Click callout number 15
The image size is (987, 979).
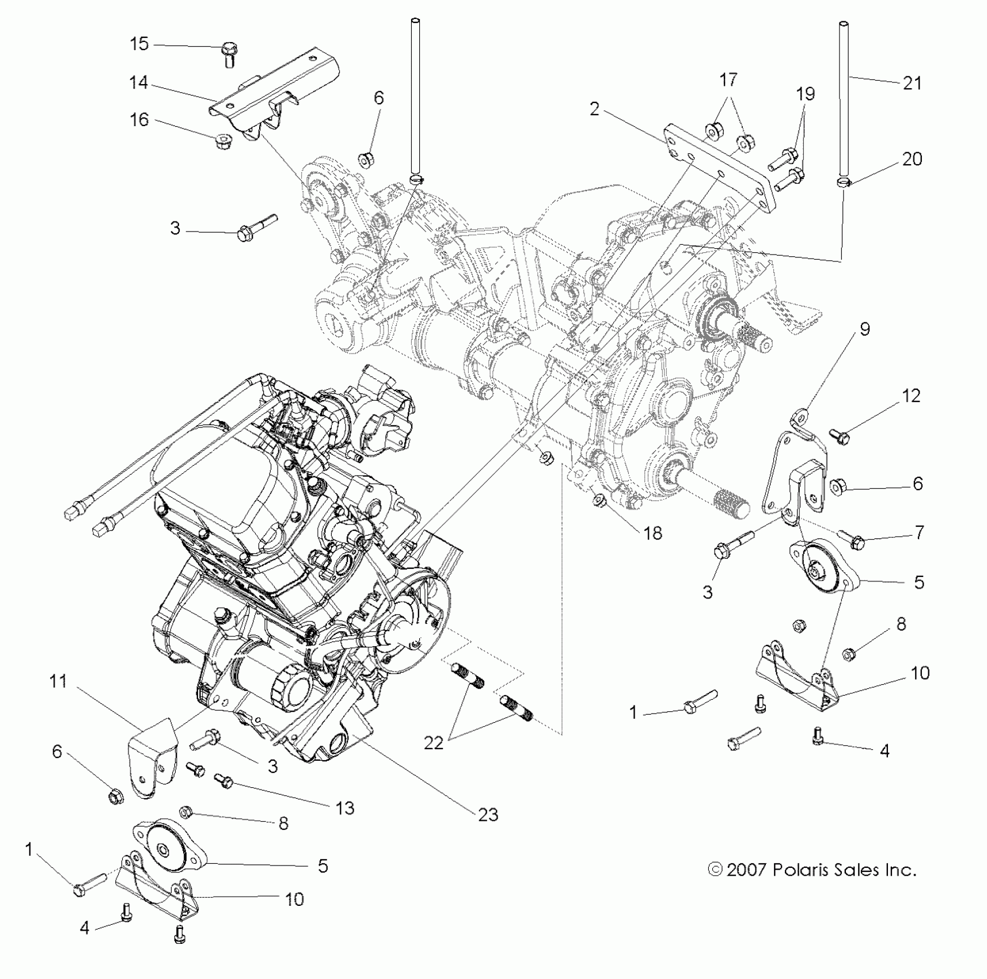139,44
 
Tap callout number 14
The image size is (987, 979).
139,83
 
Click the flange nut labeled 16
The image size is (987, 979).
221,141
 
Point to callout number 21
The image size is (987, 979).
912,84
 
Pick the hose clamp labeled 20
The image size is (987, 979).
843,183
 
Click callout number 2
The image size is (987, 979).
595,108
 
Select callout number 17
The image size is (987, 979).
728,79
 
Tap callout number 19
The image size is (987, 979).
806,94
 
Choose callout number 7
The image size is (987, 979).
919,532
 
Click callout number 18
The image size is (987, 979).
652,533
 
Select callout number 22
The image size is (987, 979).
434,743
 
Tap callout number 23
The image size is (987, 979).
488,814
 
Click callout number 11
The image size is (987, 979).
58,681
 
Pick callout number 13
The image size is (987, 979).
344,808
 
